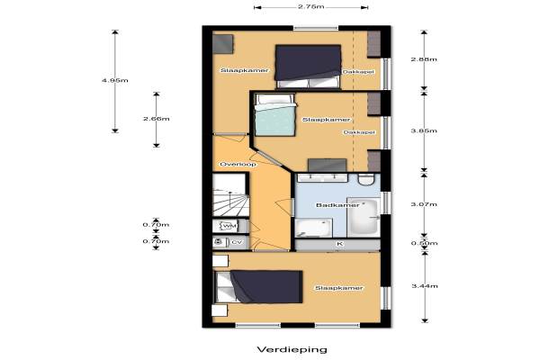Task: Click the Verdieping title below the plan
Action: click(x=292, y=350)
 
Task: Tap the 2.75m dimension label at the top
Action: click(x=311, y=6)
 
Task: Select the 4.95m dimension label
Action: click(x=115, y=80)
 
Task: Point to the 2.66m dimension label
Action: click(x=157, y=119)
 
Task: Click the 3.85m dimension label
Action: click(x=424, y=130)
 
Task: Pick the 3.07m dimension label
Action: click(x=424, y=204)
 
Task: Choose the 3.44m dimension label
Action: click(x=425, y=286)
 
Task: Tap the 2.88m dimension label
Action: click(x=424, y=59)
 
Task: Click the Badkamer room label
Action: click(x=333, y=205)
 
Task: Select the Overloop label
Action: click(x=238, y=165)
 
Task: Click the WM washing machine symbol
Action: click(x=228, y=226)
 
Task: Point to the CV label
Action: click(x=237, y=242)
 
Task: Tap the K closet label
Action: click(x=340, y=244)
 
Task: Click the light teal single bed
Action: click(x=275, y=114)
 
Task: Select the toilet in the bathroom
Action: click(x=366, y=179)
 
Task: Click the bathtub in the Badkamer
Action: click(x=364, y=218)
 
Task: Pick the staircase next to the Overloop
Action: click(x=230, y=195)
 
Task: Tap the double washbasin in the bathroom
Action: click(x=322, y=178)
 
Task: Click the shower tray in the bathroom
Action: click(x=313, y=228)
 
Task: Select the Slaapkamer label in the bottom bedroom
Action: click(x=339, y=288)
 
